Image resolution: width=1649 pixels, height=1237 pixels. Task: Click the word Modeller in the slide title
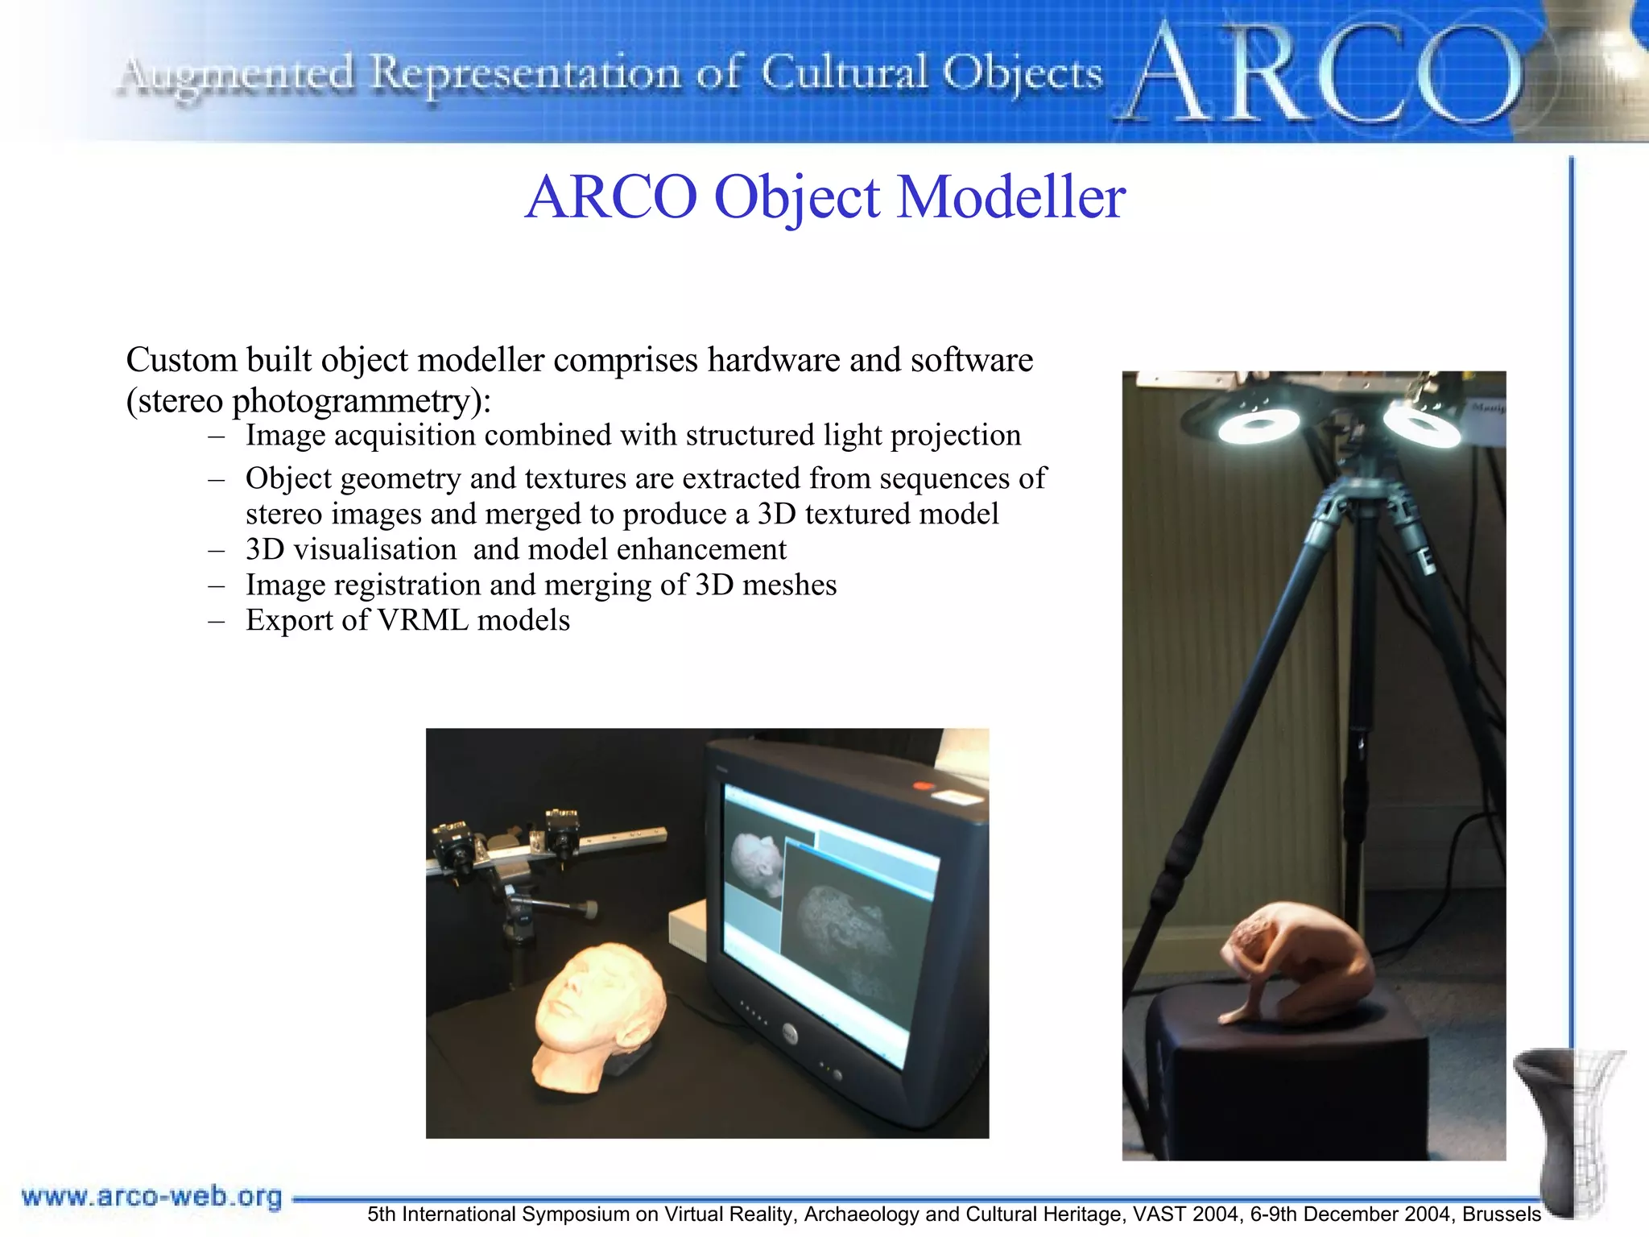[1010, 197]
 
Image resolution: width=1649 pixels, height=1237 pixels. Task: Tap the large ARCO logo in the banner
[1320, 74]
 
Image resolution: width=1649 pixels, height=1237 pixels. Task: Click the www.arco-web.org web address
[151, 1197]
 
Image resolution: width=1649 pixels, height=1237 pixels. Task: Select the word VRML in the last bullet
[423, 620]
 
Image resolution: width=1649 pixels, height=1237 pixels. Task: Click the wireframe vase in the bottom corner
[1570, 1127]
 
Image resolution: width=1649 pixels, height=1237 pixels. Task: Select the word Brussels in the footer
[1502, 1214]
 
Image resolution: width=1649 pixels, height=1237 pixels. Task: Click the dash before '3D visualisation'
[216, 550]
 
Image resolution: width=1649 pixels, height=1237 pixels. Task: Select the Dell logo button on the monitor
[787, 1032]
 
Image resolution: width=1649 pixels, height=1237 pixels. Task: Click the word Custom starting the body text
[181, 360]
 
